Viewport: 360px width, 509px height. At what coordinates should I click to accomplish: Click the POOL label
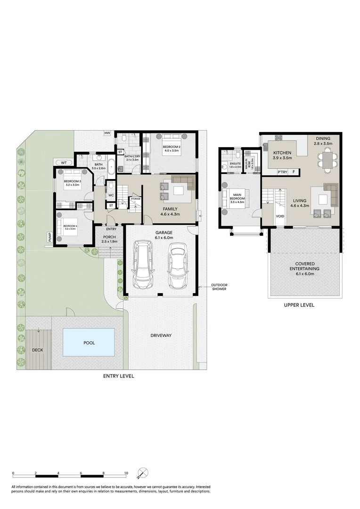click(x=89, y=343)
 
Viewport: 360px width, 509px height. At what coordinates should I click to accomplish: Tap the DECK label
click(x=37, y=350)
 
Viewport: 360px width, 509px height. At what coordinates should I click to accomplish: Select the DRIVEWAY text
click(x=161, y=336)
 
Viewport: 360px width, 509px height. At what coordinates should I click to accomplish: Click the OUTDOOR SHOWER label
click(x=218, y=287)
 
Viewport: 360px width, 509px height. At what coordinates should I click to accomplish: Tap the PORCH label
click(x=109, y=237)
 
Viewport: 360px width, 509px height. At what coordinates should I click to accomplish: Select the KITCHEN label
click(x=282, y=153)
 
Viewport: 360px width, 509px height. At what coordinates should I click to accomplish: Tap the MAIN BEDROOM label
click(x=237, y=198)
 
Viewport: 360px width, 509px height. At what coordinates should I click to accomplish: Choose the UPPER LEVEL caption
click(x=299, y=305)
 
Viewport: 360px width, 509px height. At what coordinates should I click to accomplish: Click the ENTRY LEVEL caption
click(x=119, y=376)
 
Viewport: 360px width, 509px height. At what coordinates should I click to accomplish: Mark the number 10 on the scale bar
click(x=126, y=473)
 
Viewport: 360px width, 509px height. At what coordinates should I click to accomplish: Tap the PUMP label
click(x=49, y=237)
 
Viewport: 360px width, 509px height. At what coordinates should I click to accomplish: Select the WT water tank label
click(x=64, y=163)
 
